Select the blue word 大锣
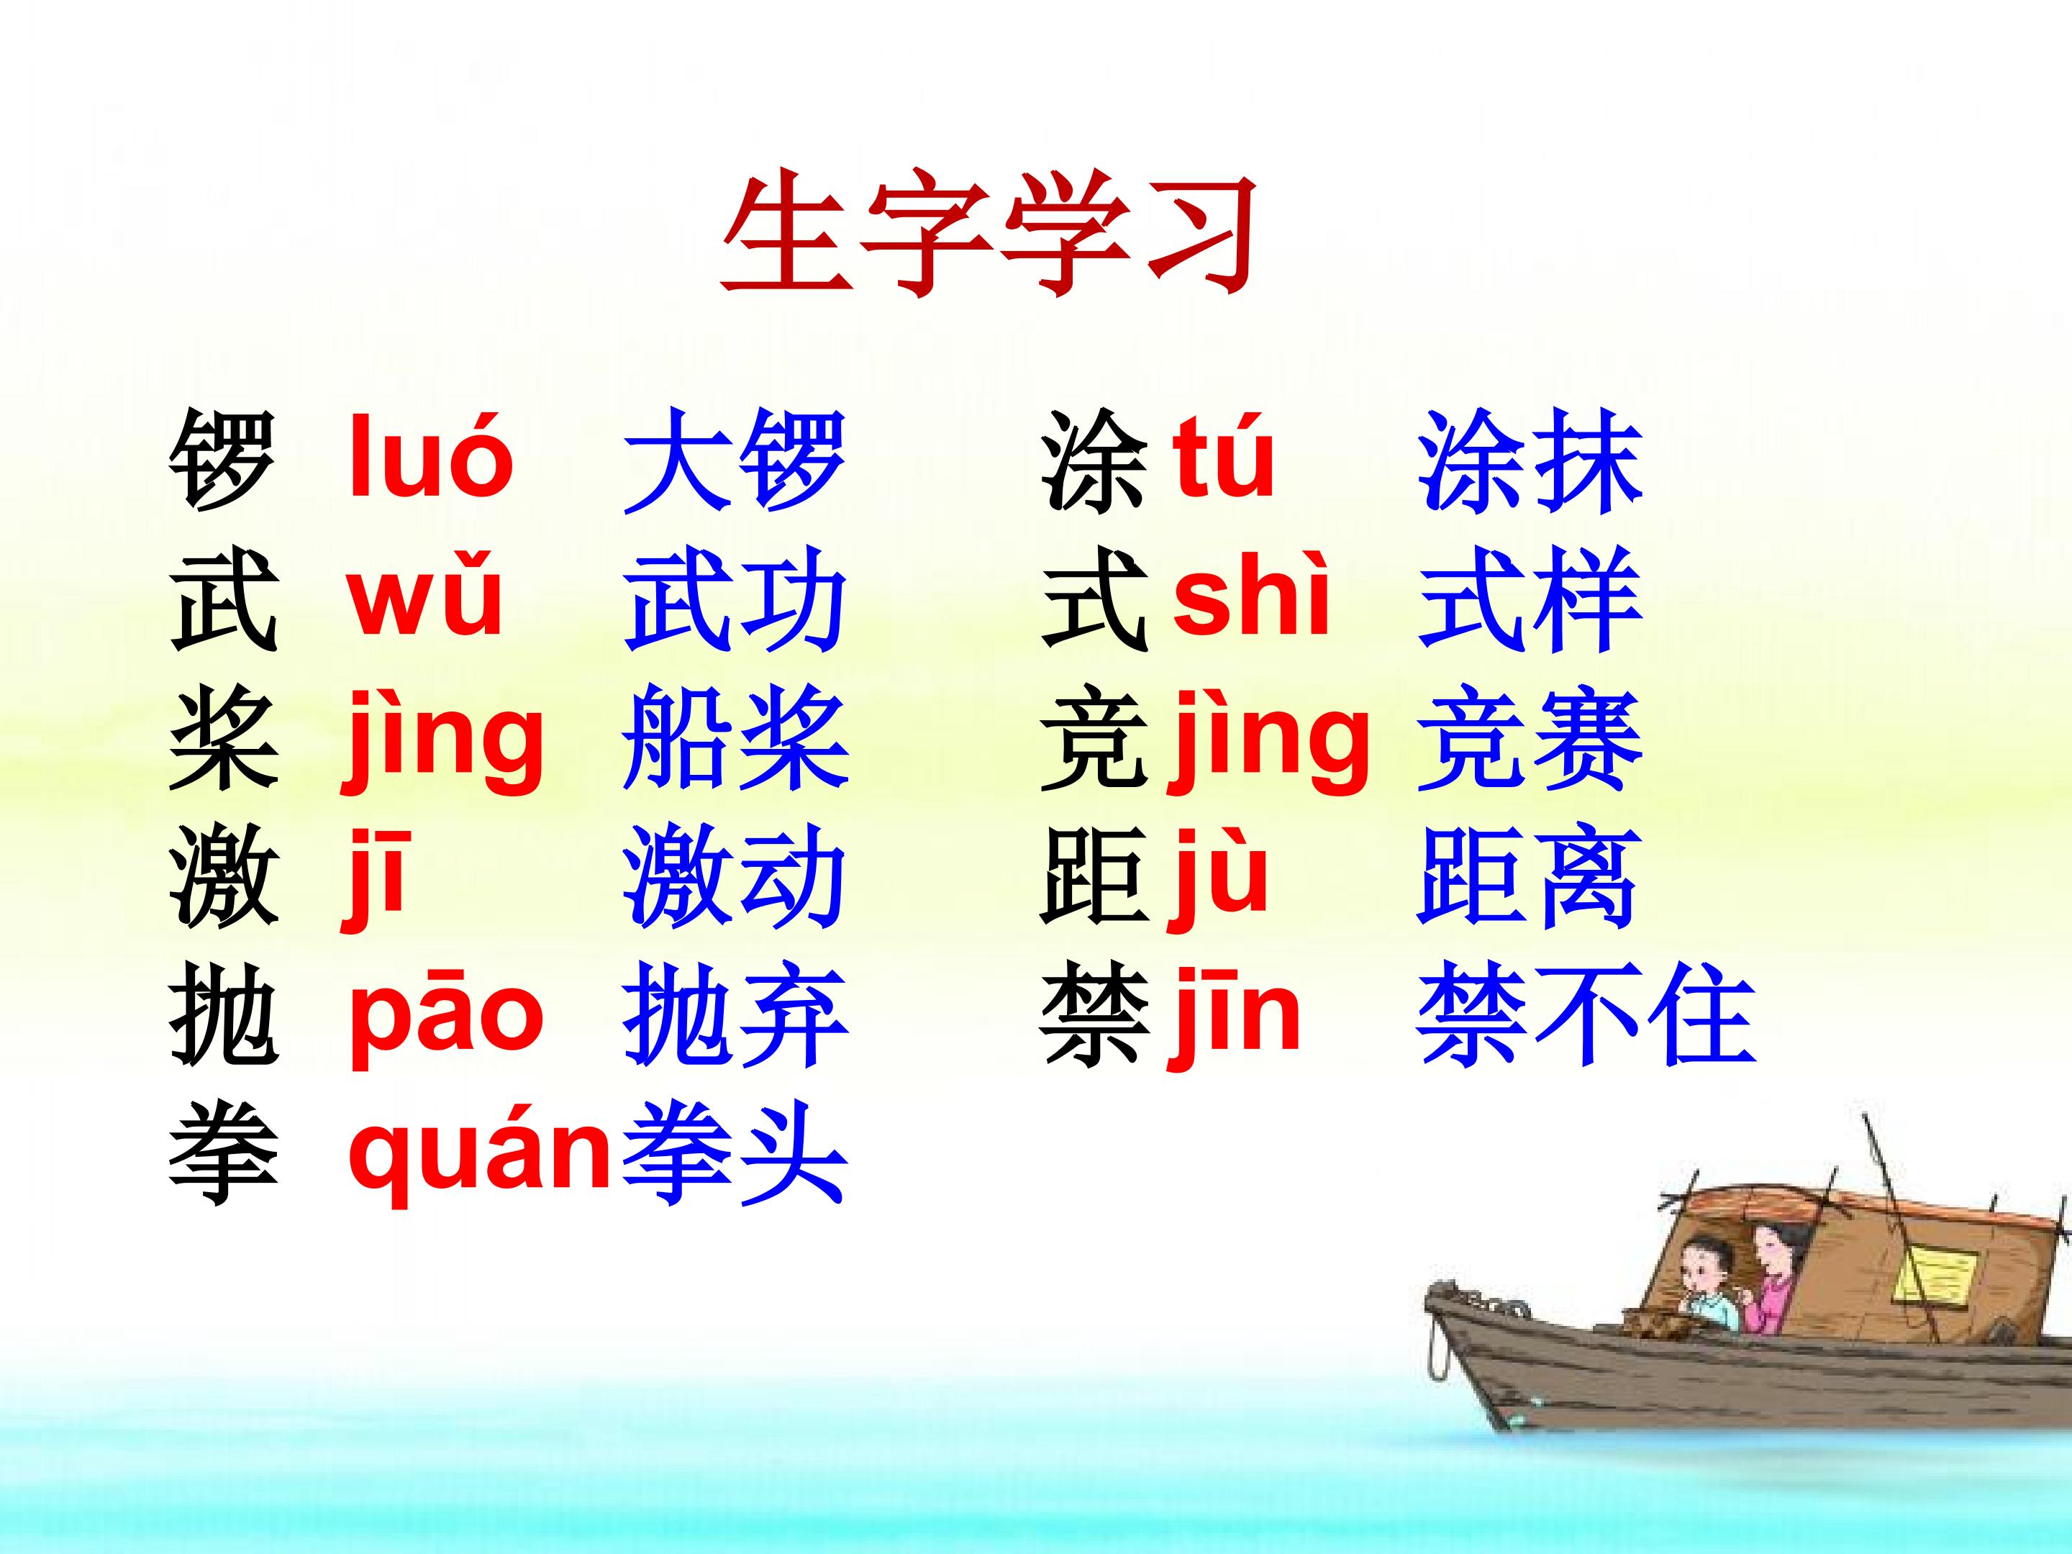735,461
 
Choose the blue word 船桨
735,737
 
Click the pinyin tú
1223,459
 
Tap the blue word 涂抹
1529,461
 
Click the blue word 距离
1527,878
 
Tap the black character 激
223,878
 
